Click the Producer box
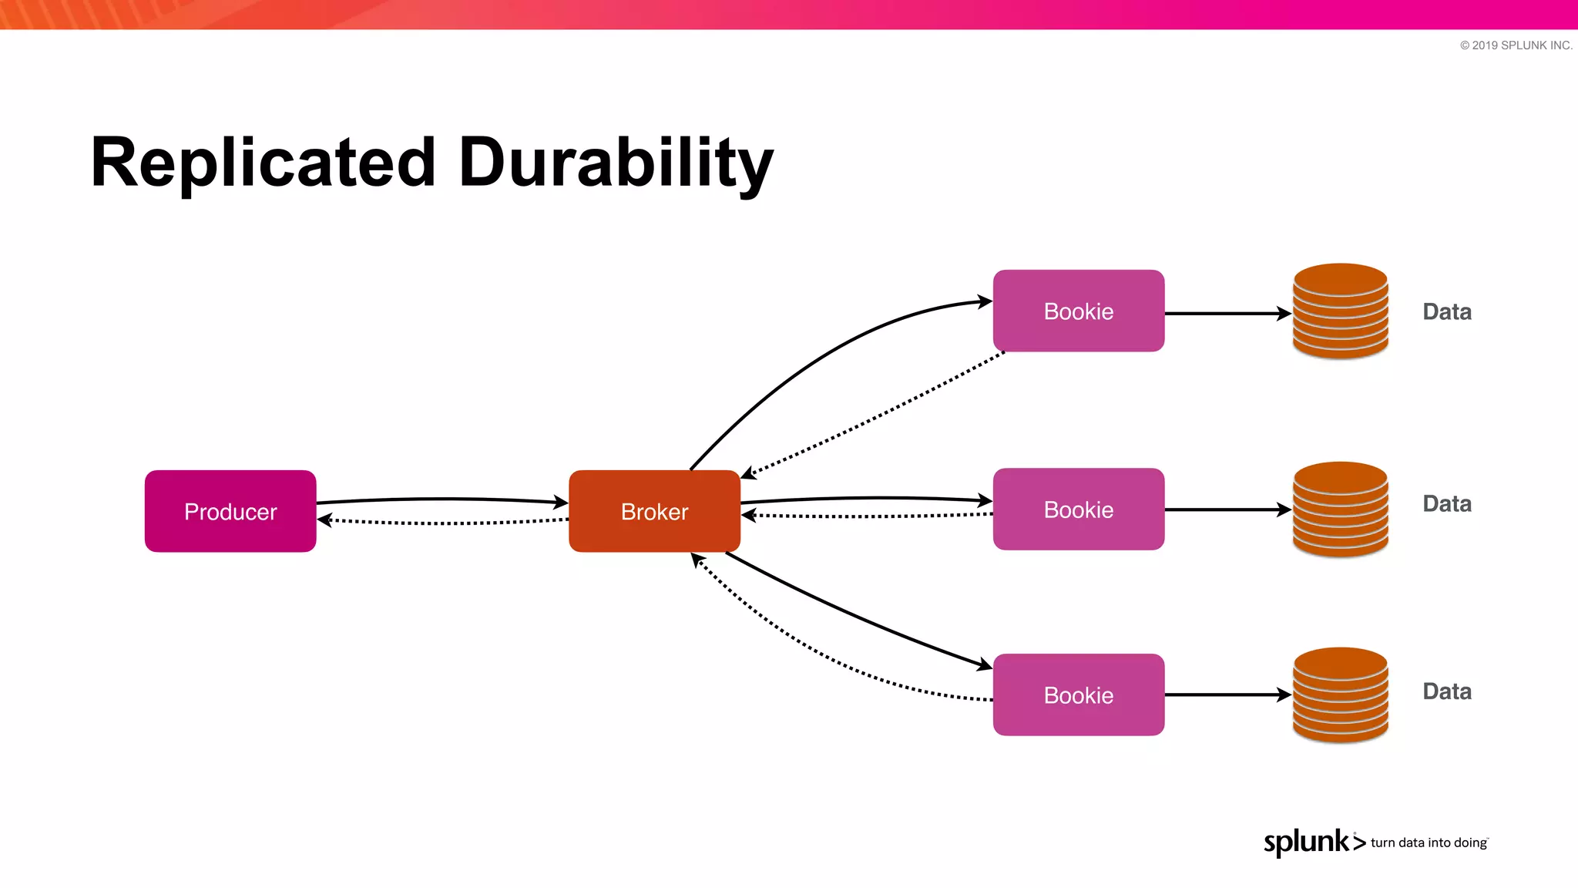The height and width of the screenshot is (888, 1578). (230, 511)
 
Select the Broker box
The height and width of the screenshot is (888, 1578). (654, 511)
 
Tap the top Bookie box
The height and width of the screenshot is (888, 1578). (1078, 311)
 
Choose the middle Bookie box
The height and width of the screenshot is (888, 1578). (1078, 509)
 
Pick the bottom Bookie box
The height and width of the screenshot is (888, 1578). (1078, 695)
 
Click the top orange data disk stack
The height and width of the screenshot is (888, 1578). (1340, 311)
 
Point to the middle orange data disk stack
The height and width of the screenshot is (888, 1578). (1340, 509)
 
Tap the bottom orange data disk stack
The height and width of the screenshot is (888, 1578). (1340, 695)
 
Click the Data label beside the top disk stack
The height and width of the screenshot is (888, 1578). (1446, 311)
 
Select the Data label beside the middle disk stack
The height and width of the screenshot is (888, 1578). (1446, 503)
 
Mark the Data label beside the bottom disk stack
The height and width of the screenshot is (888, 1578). (1446, 691)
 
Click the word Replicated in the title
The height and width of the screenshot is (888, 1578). (263, 163)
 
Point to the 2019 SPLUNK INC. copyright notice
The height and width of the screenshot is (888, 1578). (1516, 45)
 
